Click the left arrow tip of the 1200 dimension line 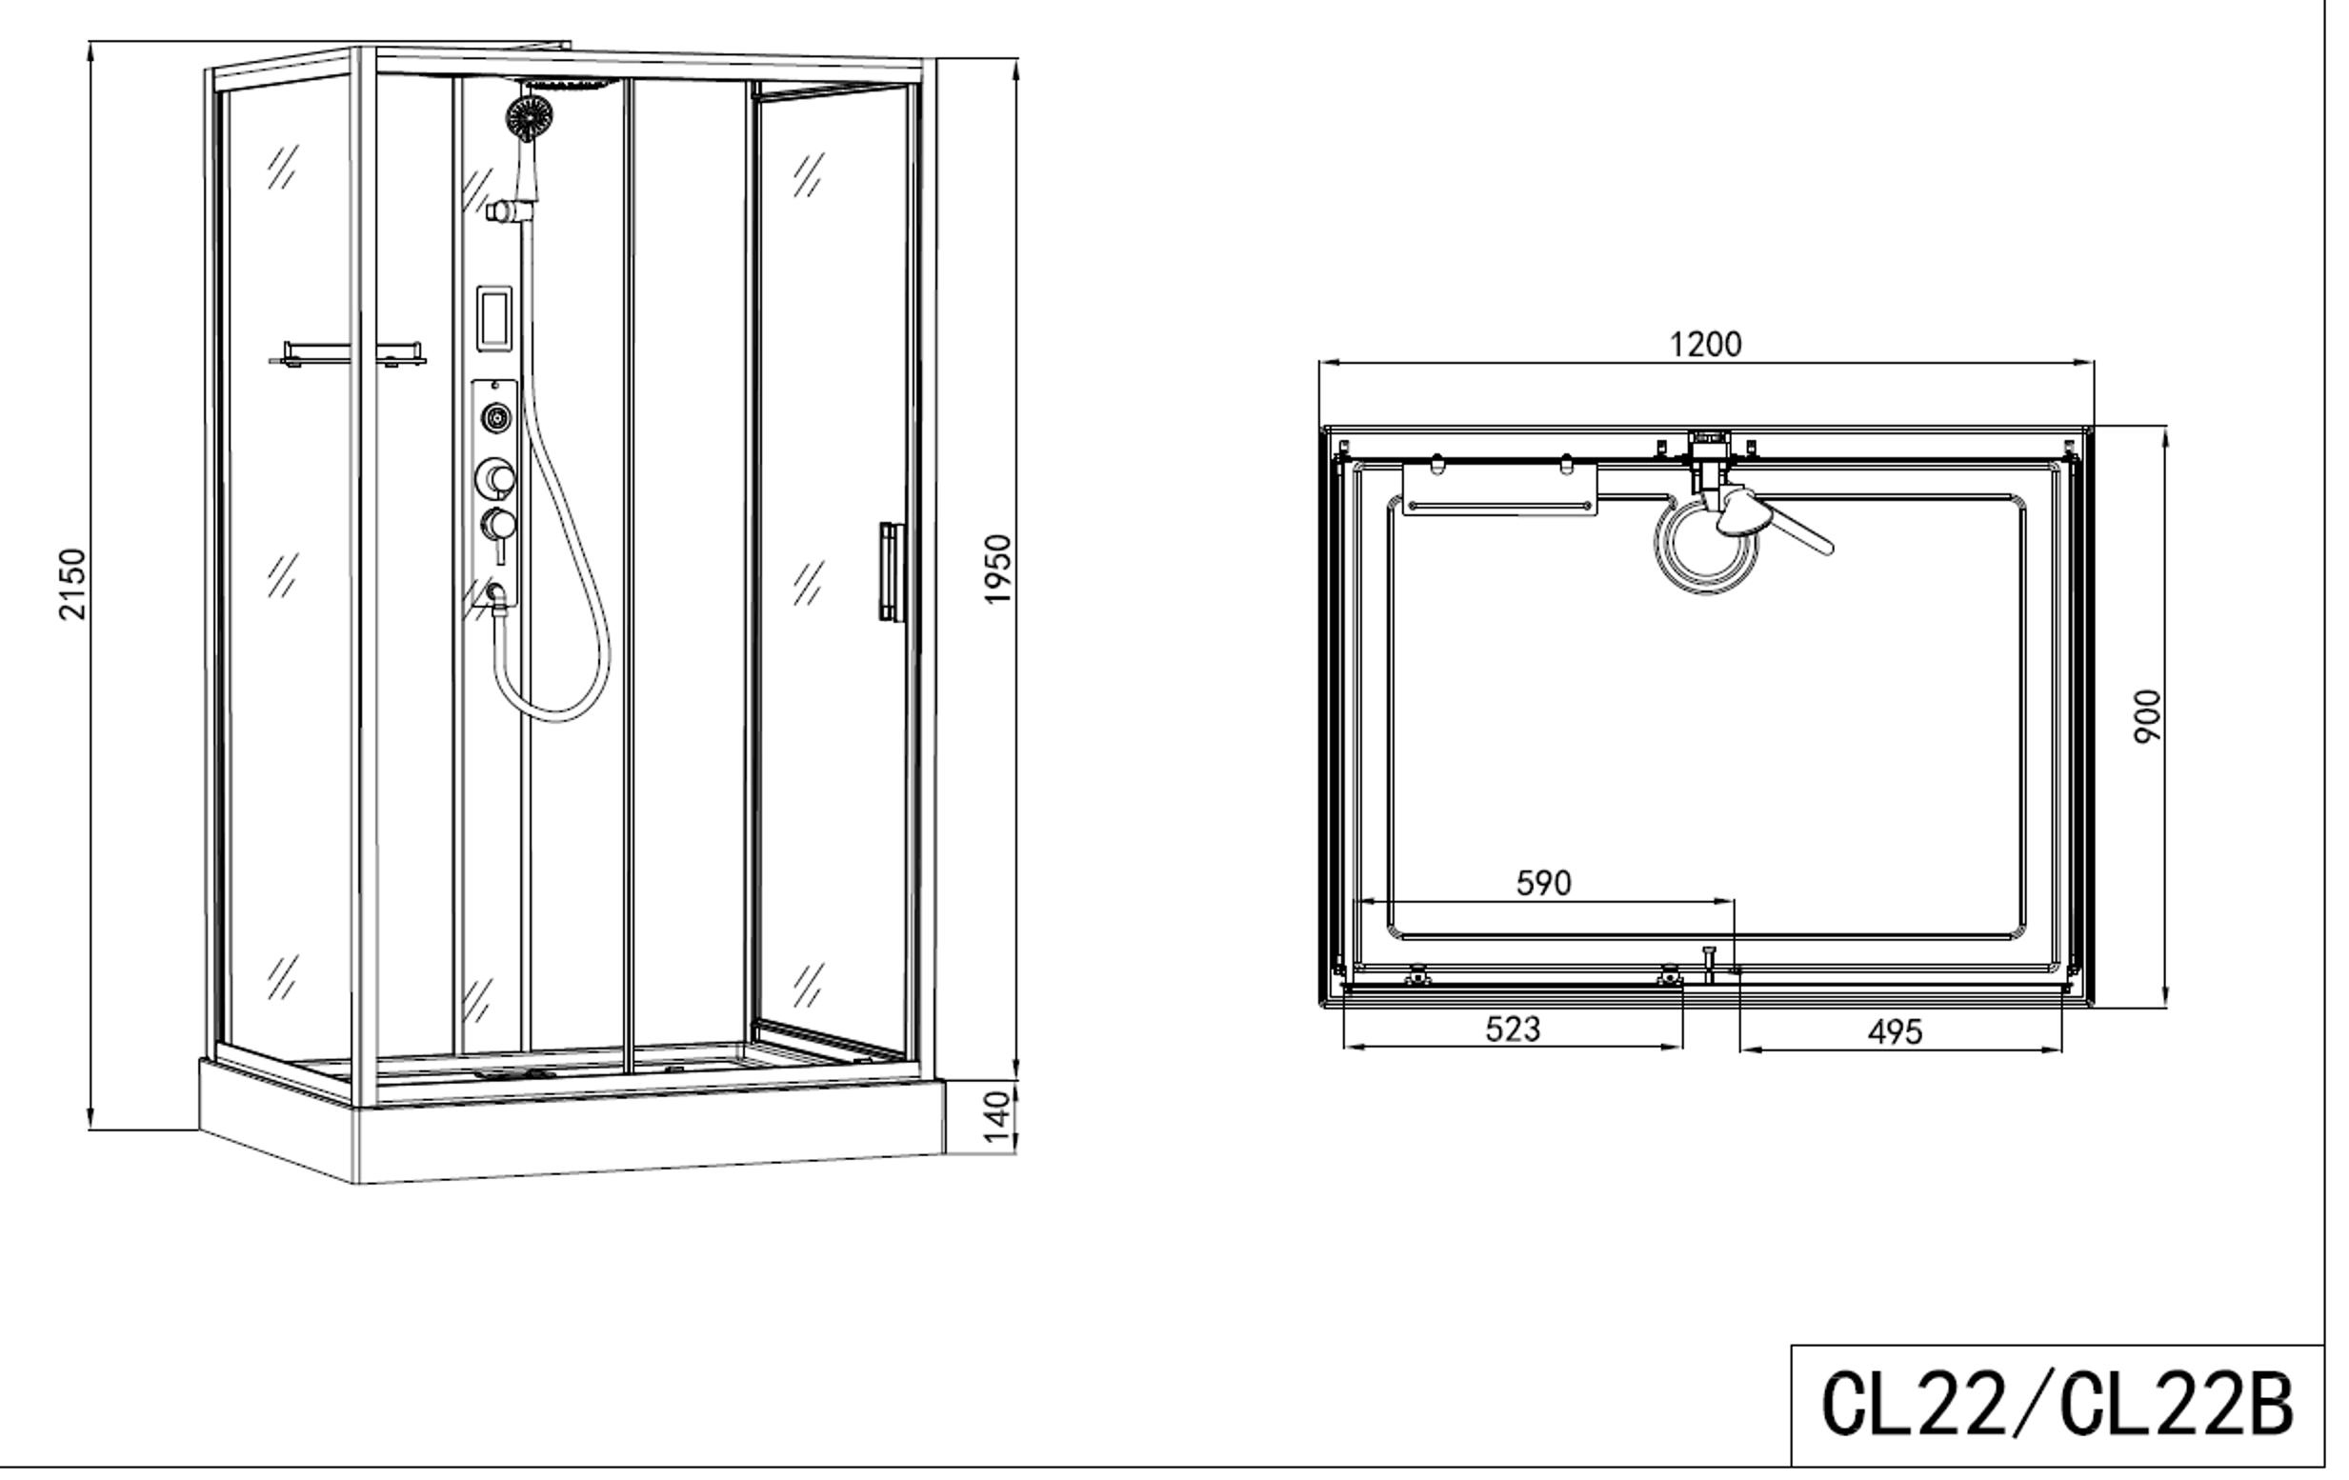pyautogui.click(x=1320, y=363)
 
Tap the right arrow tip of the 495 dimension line pyautogui.click(x=2063, y=1050)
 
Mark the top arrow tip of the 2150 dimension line pyautogui.click(x=90, y=42)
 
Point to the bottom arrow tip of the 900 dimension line pyautogui.click(x=2165, y=1007)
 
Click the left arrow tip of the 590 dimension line pyautogui.click(x=1359, y=902)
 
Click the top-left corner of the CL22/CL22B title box pyautogui.click(x=1792, y=1346)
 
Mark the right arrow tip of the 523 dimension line pyautogui.click(x=1683, y=1048)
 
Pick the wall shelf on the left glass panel pyautogui.click(x=349, y=353)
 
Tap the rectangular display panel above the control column pyautogui.click(x=494, y=316)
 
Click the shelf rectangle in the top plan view pyautogui.click(x=1500, y=489)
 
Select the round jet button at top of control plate pyautogui.click(x=497, y=418)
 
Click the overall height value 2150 pyautogui.click(x=73, y=584)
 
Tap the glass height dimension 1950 pyautogui.click(x=998, y=569)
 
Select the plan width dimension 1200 pyautogui.click(x=1706, y=344)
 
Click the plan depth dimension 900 pyautogui.click(x=2148, y=716)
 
